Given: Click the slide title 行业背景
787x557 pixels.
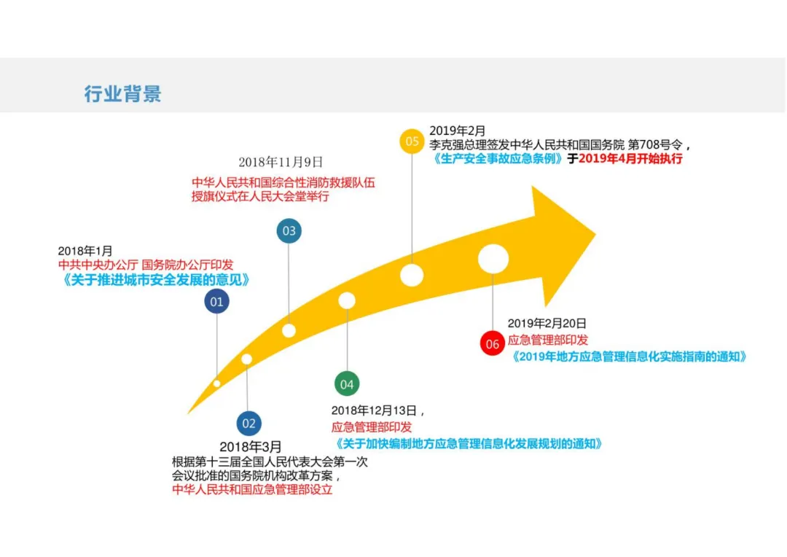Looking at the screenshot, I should click(x=122, y=94).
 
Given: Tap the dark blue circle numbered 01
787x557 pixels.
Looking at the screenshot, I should click(x=216, y=301).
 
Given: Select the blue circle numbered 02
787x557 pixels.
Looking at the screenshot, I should click(x=249, y=423).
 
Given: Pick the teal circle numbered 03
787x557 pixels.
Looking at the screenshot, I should click(x=289, y=231).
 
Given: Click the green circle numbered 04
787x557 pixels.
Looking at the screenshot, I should click(x=347, y=383).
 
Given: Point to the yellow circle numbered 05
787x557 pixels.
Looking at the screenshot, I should click(x=412, y=141).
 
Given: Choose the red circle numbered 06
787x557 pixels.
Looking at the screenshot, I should click(x=493, y=344).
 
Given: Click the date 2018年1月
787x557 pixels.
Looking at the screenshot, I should click(x=85, y=251).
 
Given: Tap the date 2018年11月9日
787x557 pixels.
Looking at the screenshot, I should click(x=281, y=162).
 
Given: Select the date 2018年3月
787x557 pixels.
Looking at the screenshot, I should click(x=250, y=446).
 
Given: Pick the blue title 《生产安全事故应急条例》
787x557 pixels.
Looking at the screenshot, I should click(x=498, y=158).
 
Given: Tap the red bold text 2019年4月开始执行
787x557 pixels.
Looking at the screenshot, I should click(x=630, y=158).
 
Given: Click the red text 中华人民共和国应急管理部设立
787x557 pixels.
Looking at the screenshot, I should click(x=252, y=490).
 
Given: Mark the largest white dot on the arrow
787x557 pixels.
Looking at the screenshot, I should click(x=493, y=259).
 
